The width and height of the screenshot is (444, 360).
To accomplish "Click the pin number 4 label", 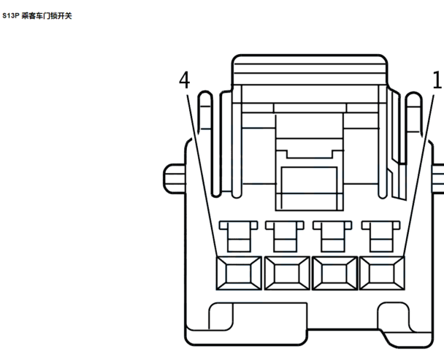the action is click(184, 80).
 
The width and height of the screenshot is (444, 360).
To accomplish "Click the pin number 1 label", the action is click(437, 80).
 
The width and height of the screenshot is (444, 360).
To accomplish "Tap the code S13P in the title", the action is click(10, 16).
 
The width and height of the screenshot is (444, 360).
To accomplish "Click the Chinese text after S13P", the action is click(47, 16).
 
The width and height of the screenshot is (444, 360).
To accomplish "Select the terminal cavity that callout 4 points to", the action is click(239, 273).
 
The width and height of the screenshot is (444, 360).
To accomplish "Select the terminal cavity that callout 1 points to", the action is click(382, 273).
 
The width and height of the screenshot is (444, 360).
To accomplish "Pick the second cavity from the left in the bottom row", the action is click(287, 273).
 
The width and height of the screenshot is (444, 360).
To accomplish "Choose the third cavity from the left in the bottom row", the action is click(334, 273).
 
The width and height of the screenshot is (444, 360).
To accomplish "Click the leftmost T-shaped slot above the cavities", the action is click(238, 237).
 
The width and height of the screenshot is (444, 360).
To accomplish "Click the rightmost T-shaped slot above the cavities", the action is click(381, 237).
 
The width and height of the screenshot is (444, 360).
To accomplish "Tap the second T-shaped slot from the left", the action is click(285, 237).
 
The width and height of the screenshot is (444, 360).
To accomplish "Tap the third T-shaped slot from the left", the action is click(333, 237).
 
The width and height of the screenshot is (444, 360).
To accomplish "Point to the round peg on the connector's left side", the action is click(175, 179).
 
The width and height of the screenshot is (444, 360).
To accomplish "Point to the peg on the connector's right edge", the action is click(438, 179).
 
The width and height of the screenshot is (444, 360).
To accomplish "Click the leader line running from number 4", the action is click(202, 175).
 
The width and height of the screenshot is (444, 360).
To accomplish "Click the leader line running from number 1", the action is click(418, 175).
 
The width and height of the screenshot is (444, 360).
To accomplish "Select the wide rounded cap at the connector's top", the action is click(310, 69).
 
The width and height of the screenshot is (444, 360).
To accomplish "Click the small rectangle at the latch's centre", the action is click(309, 188).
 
